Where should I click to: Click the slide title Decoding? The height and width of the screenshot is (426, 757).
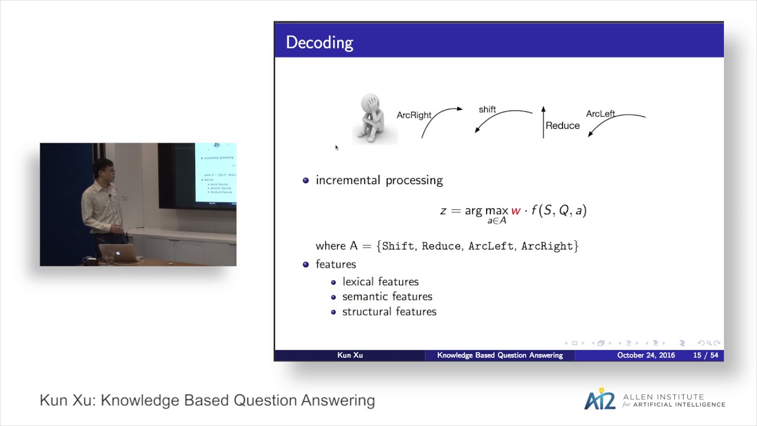click(x=319, y=43)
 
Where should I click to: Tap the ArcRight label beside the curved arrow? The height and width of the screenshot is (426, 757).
click(x=414, y=115)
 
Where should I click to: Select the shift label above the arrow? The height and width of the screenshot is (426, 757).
click(x=487, y=109)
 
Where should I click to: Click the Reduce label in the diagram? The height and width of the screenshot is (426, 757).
click(x=562, y=125)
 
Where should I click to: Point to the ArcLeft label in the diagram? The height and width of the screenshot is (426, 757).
click(x=600, y=114)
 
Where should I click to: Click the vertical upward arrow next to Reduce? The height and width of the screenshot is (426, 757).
click(x=544, y=122)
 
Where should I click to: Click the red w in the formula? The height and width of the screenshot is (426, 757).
click(x=515, y=211)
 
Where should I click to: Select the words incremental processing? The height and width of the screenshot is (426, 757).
click(x=379, y=180)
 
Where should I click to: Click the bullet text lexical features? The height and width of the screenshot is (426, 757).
click(x=380, y=282)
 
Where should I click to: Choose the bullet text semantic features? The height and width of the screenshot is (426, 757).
click(x=387, y=296)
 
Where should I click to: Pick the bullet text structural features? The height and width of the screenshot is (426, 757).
click(x=389, y=311)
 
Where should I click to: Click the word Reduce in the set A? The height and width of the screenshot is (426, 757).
click(x=441, y=246)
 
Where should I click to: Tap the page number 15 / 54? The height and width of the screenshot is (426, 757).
click(x=706, y=355)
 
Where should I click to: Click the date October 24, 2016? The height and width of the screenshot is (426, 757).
click(x=646, y=355)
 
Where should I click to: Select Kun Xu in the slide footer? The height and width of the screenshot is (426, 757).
click(x=350, y=355)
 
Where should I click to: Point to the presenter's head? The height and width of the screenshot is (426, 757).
click(x=105, y=169)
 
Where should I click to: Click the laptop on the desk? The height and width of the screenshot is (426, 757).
click(x=120, y=253)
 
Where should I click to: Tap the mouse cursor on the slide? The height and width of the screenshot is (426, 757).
click(x=337, y=147)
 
